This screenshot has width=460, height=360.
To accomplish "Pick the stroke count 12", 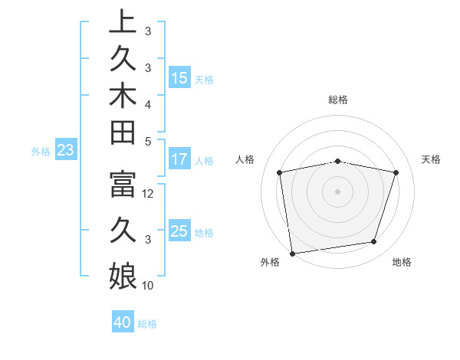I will (149, 194).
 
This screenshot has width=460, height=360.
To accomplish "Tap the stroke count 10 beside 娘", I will (149, 286).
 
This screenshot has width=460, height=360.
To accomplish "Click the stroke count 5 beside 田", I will (148, 141).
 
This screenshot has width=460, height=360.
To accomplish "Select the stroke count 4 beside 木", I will (148, 103).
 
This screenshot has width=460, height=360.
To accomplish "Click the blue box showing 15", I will (179, 78).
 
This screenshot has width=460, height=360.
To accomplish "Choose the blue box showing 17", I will (179, 160).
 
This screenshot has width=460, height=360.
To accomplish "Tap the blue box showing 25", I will (179, 231).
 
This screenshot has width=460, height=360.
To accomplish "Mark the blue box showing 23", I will (66, 151).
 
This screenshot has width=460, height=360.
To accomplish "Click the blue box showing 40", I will (123, 322).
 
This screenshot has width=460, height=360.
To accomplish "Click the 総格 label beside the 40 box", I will (147, 324).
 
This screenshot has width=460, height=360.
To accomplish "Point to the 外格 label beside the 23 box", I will (41, 152).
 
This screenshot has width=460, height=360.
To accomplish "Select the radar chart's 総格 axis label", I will (338, 100).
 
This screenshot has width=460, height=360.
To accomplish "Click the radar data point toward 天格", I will (396, 172).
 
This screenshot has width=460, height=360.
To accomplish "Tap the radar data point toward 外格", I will (292, 253).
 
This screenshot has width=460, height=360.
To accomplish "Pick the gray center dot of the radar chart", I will (338, 191).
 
